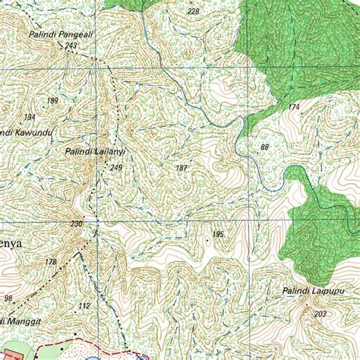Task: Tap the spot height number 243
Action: click(71, 46)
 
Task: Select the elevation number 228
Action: click(193, 11)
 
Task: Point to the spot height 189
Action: click(52, 100)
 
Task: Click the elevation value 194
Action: click(30, 117)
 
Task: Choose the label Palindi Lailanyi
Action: click(94, 153)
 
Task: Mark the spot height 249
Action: click(115, 168)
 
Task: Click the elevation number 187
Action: click(182, 168)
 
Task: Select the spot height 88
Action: click(264, 147)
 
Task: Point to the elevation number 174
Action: click(294, 107)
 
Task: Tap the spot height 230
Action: click(76, 223)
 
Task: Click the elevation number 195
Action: click(218, 235)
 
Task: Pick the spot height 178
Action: click(51, 262)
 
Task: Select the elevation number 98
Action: click(8, 298)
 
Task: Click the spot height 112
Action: click(84, 306)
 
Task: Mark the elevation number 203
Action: click(320, 314)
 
